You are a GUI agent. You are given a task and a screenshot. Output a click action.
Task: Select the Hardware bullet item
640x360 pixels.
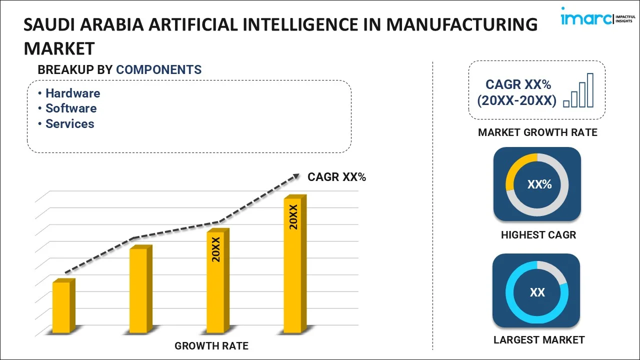[72, 93]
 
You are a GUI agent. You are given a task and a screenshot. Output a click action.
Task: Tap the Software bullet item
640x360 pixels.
[71, 108]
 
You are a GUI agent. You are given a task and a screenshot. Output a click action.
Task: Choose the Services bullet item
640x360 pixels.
[69, 123]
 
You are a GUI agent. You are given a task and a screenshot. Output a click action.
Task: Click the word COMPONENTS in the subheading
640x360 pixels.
[158, 70]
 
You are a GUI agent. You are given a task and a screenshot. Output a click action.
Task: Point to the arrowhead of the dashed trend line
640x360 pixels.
[295, 176]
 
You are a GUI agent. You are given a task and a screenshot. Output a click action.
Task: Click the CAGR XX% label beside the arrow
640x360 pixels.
[336, 177]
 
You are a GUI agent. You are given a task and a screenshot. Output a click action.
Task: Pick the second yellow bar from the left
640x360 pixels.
[139, 289]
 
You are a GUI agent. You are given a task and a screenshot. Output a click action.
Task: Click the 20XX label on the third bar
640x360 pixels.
[216, 249]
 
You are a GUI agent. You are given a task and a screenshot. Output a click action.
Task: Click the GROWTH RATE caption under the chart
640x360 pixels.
[211, 345]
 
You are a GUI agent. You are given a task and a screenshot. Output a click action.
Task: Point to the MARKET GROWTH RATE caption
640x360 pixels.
[537, 132]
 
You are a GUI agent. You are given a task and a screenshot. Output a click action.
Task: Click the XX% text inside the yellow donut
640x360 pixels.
[539, 184]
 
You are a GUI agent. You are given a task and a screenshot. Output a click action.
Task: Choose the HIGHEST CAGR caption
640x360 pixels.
[538, 235]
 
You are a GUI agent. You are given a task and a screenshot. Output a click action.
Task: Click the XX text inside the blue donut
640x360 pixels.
[537, 292]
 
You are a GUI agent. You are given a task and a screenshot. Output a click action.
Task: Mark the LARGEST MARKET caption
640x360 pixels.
[538, 340]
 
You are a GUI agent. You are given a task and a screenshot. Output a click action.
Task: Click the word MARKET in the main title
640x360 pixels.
[59, 48]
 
